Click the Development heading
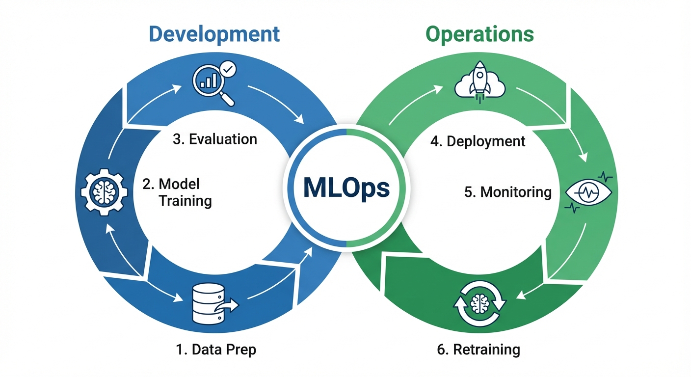[x=214, y=34]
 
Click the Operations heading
[x=479, y=34]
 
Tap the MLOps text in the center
[x=346, y=188]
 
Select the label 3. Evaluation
[x=215, y=139]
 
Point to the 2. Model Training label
[x=178, y=192]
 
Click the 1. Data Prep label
[x=216, y=350]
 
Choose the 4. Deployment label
[x=478, y=141]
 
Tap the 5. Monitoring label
[x=508, y=191]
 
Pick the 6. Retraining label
[x=478, y=350]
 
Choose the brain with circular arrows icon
[x=478, y=304]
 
